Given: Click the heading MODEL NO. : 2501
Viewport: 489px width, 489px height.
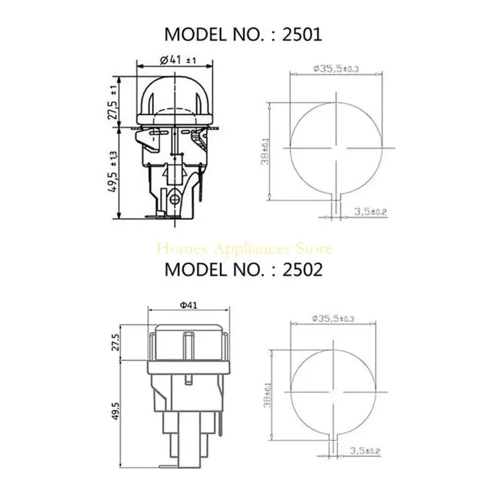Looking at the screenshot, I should point(244,34).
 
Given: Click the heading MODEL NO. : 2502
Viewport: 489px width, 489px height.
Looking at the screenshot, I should point(244,270).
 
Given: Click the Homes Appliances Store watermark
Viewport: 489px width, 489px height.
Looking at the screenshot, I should point(244,249).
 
